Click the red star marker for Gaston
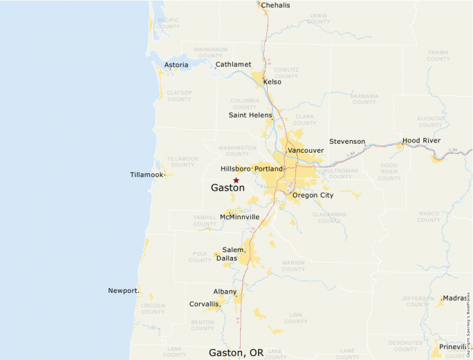(236, 180)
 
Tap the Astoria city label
(176, 66)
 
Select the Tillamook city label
(147, 175)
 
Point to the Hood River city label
(421, 140)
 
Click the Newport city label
(122, 290)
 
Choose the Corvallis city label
(204, 304)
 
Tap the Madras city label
(454, 298)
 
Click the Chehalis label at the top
(275, 6)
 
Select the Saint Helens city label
(250, 115)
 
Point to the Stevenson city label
(346, 142)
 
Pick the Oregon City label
(313, 196)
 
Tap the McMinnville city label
(239, 217)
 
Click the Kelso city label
(272, 82)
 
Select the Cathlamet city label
(233, 64)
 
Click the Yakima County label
(438, 55)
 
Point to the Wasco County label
(428, 217)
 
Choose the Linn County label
(295, 318)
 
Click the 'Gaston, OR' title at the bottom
(236, 352)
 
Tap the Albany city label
(225, 292)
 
